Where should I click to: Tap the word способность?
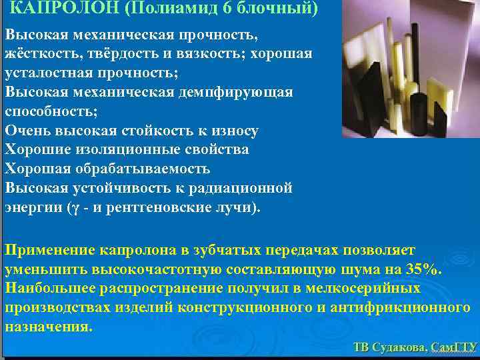49,111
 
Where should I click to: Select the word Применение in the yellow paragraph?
50,250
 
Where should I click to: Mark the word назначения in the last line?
48,327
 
